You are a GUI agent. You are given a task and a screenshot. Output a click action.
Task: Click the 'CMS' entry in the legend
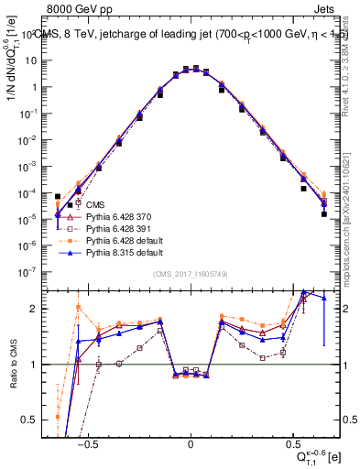coord(93,204)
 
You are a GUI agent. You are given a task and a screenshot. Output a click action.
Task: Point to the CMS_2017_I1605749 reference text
coord(190,275)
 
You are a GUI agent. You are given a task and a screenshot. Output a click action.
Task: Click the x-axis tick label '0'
coord(191,441)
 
